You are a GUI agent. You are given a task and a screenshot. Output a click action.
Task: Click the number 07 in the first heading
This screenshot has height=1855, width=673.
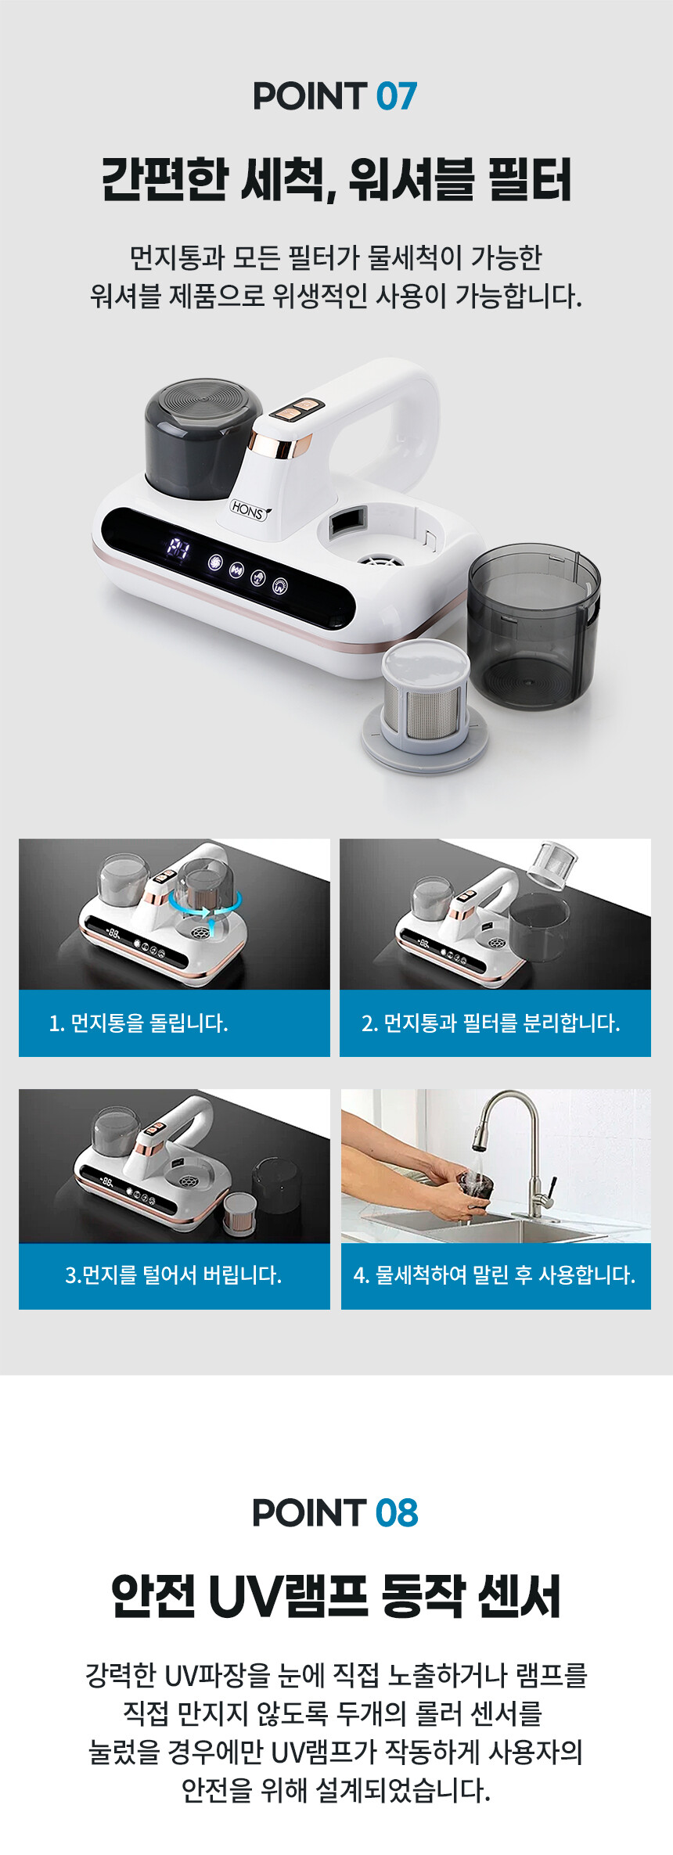coord(397,97)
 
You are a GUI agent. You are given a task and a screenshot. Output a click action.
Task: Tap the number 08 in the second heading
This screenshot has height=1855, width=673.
coord(397,1513)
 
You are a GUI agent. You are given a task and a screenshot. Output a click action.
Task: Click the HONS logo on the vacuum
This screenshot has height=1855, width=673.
coord(248,510)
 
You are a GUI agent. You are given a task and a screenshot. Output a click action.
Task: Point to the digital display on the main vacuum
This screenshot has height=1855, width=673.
coord(178,548)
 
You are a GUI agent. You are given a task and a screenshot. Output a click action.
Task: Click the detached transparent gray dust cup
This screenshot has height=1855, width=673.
coord(534,626)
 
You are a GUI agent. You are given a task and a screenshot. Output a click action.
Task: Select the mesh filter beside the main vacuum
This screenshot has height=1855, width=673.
coord(426,704)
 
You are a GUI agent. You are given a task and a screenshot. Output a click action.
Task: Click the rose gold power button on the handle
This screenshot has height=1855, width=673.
coord(297,410)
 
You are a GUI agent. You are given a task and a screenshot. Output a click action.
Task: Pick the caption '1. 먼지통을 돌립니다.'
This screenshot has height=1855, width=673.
coord(139,1023)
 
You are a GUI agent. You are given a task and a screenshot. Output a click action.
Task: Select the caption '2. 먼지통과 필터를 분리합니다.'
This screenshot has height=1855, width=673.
coord(491,1023)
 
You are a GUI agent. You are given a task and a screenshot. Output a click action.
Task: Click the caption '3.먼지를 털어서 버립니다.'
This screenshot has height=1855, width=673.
coord(173,1274)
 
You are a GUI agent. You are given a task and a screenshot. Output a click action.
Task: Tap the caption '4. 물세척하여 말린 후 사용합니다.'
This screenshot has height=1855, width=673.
coord(495,1274)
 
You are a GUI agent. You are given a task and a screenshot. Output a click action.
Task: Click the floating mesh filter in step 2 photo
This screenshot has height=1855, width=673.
coord(552,865)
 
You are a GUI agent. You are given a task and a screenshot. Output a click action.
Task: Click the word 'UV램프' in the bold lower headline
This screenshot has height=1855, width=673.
coord(288,1596)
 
